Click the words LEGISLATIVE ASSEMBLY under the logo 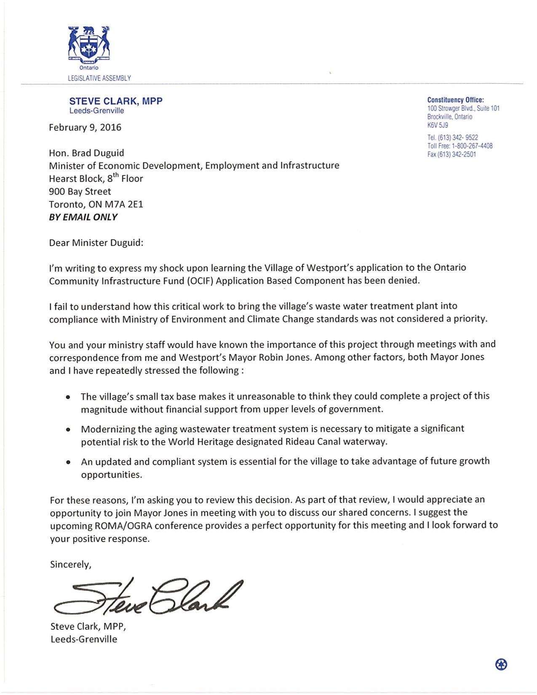click(99, 78)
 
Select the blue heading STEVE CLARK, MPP click(116, 101)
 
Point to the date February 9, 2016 click(85, 128)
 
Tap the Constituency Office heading click(455, 100)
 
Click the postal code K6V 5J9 click(438, 125)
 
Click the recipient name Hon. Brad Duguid click(86, 153)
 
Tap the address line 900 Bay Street click(80, 192)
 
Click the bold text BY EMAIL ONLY click(83, 217)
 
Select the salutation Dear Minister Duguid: click(96, 243)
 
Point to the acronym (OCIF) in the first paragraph click(200, 281)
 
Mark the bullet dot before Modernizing click(68, 430)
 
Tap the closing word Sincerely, click(70, 564)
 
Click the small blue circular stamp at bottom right click(501, 664)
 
